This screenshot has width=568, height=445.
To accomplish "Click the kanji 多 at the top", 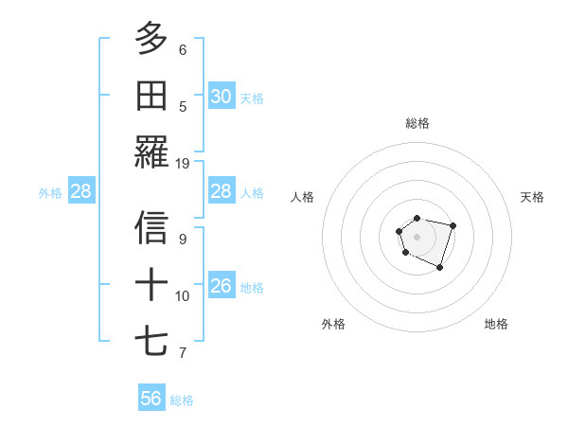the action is pos(151,39).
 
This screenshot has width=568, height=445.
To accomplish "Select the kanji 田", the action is pos(151,96).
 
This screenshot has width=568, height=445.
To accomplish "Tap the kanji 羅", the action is pos(151,151).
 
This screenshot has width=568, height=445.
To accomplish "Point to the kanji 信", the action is pos(151,227).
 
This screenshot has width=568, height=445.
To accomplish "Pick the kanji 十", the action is pos(151,284).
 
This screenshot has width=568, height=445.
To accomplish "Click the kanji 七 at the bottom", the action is pos(151,341).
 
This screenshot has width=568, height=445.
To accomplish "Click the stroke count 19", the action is pos(183,163).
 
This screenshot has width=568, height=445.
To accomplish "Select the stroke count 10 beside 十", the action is pos(183,296).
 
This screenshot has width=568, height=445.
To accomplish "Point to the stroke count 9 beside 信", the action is pos(183,239).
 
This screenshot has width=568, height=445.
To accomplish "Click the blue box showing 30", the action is pos(221,96).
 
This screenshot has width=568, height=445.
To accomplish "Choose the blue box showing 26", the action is pos(221,286).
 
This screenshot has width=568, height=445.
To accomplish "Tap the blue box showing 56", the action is pos(151,399).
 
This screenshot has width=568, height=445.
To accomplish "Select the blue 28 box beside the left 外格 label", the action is pos(80,191).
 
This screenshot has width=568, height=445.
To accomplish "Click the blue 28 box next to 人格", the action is pos(221,191).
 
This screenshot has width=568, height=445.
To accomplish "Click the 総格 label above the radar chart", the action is pos(417,123).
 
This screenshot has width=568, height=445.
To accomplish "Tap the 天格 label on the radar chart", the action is pos(532,197).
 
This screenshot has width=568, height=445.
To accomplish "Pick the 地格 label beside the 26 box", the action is pos(251,287).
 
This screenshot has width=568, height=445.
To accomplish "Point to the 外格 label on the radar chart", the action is pos(333,324).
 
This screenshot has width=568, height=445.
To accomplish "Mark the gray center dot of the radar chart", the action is pos(417,235).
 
